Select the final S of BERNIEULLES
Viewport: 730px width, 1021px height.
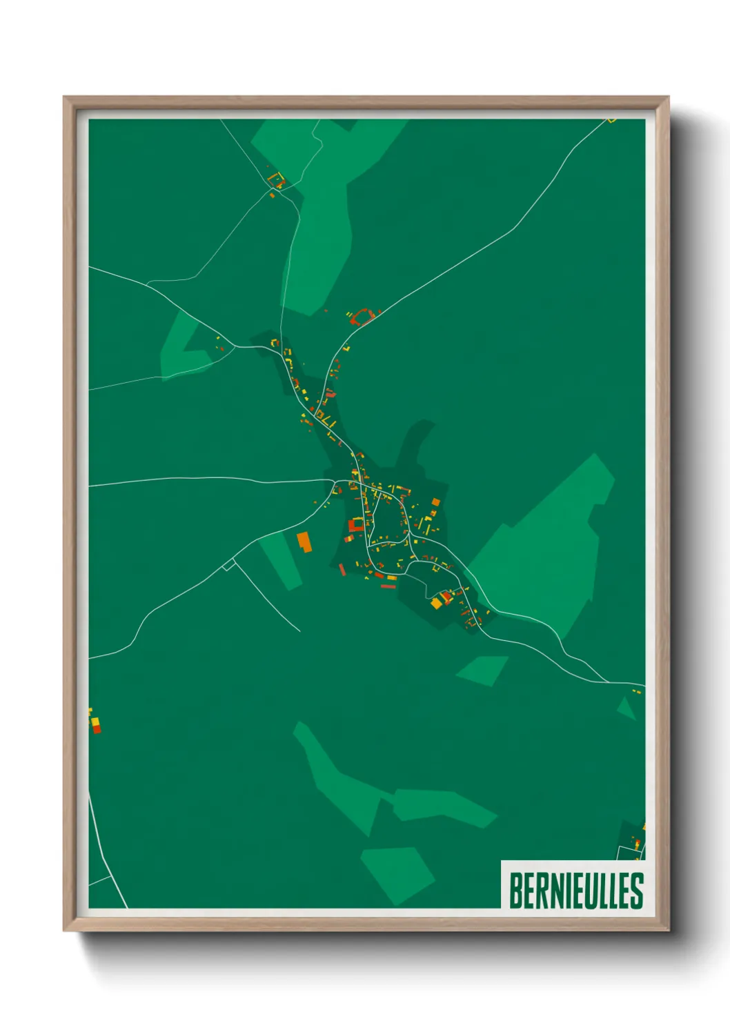[637, 891]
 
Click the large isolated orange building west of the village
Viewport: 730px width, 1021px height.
[304, 541]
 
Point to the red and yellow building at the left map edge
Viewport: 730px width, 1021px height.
[95, 724]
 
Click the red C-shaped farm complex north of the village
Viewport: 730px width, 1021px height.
[362, 317]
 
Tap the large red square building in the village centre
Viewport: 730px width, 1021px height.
[355, 525]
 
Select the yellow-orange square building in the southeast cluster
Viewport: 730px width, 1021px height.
[436, 603]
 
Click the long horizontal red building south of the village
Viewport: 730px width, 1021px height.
[388, 586]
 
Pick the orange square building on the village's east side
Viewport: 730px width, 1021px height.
[435, 502]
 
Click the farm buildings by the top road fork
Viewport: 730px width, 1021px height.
[276, 181]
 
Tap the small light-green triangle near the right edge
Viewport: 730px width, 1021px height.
[626, 708]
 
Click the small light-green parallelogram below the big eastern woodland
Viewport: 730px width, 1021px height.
[482, 670]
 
